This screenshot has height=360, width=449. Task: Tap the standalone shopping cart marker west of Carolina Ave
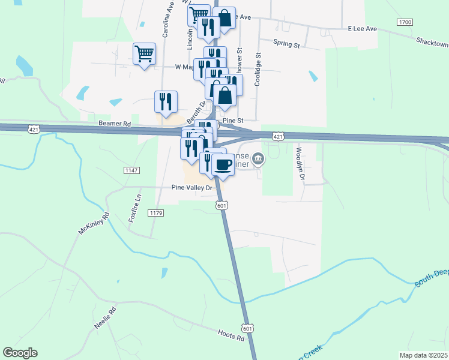tap(144, 55)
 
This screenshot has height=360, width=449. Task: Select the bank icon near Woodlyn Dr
tap(258, 158)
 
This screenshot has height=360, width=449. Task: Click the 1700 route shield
tap(405, 22)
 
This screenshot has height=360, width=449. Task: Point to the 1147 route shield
tap(132, 171)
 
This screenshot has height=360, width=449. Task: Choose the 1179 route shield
tap(155, 213)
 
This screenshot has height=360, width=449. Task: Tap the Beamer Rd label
tap(115, 124)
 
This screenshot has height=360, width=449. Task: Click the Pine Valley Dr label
tap(192, 188)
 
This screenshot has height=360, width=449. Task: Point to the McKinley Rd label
tap(94, 223)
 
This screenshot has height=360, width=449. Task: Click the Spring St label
tap(286, 44)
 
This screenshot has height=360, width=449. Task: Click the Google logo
tap(20, 353)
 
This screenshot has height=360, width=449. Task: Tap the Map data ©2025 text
tap(424, 355)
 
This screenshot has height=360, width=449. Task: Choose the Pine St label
tap(232, 121)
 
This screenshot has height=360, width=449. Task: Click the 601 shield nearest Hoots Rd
tap(247, 328)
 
